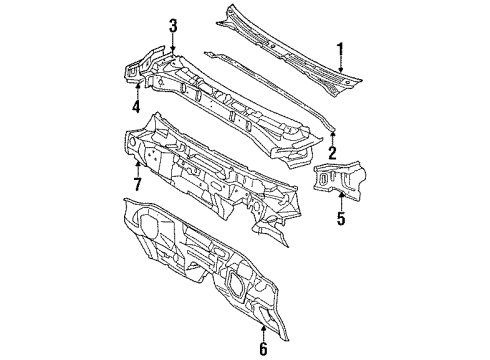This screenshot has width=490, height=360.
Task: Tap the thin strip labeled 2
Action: coord(270,76)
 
